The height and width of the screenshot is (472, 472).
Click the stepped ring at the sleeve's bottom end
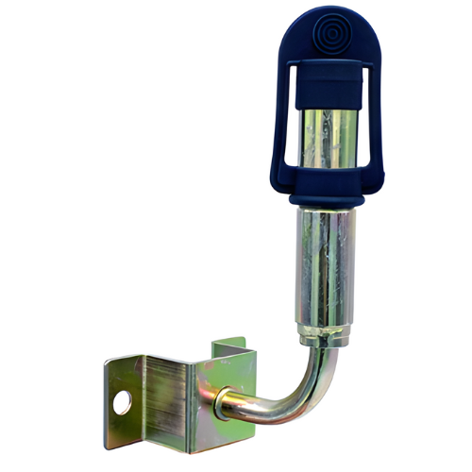[323, 335]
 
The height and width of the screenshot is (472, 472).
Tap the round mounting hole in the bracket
[123, 403]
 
